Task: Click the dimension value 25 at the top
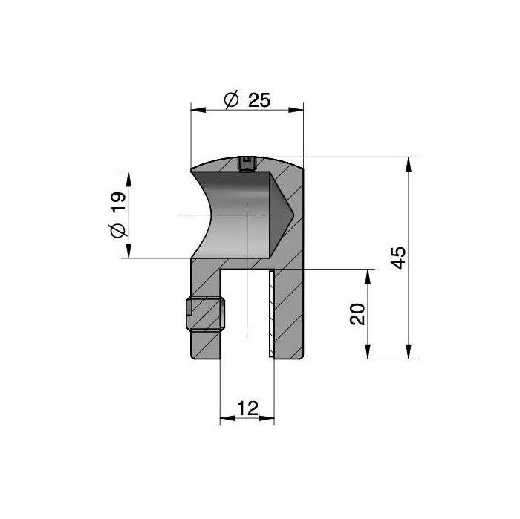[259, 99]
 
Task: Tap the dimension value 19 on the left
[118, 201]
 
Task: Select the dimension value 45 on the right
[397, 258]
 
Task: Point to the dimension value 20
[357, 314]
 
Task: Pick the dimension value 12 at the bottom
[247, 408]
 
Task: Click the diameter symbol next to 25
[231, 99]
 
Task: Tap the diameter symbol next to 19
[118, 230]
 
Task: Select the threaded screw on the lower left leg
[206, 314]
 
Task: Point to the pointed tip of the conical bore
[293, 215]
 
